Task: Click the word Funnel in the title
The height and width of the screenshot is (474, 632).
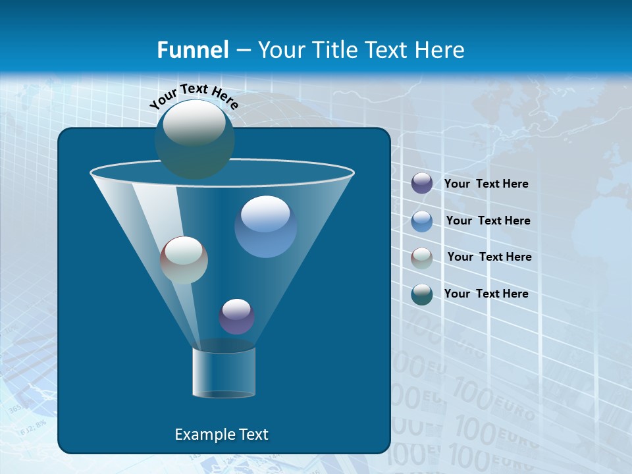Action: coord(192,50)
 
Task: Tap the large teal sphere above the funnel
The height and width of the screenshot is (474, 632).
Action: coord(194,140)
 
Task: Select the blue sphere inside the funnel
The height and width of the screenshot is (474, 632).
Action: coord(265,227)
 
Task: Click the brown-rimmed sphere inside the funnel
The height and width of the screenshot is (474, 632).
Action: coord(184,260)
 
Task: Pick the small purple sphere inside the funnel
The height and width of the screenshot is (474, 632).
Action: coord(236,317)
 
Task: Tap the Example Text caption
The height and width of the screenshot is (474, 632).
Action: coord(221,434)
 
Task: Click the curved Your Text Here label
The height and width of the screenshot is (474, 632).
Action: coord(194,96)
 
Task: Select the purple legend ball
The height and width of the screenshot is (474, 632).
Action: coord(422,184)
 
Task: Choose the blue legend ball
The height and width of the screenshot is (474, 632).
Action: coord(422,221)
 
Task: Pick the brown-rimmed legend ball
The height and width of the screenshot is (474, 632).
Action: coord(422,258)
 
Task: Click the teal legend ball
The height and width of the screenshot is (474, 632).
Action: coord(422,294)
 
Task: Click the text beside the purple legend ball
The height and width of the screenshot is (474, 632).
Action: coord(486,184)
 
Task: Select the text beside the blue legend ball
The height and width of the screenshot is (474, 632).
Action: coord(488,221)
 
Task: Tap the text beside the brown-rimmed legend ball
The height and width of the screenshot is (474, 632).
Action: coord(489,257)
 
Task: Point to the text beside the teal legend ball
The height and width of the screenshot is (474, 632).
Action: coord(486,294)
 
